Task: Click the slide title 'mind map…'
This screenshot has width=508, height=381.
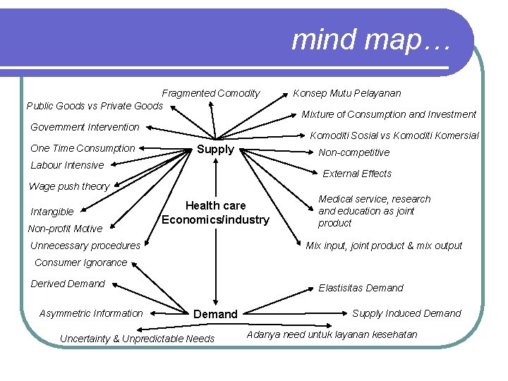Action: [x=370, y=40]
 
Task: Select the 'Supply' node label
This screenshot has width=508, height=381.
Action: [x=215, y=150]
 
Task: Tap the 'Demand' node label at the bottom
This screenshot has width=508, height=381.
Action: [x=215, y=314]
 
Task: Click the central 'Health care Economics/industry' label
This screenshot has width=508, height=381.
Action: [x=215, y=212]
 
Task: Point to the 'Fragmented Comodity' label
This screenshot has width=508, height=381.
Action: [x=211, y=93]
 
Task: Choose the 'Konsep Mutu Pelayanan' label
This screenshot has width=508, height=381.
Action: [x=347, y=93]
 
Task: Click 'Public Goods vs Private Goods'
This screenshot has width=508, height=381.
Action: [x=94, y=106]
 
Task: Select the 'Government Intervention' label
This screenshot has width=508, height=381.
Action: [x=85, y=127]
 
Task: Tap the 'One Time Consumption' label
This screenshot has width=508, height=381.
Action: [x=83, y=148]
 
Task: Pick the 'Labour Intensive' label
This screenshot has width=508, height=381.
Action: [x=67, y=165]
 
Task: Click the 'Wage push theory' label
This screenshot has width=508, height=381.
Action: [x=69, y=186]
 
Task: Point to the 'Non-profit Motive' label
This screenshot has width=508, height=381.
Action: [x=65, y=229]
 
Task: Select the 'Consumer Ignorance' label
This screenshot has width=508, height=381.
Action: [x=81, y=262]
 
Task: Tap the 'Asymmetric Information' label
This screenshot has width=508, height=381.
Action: [x=91, y=313]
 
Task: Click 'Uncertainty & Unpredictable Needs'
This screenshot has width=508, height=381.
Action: [x=137, y=339]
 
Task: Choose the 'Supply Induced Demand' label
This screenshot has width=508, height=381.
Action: [x=406, y=313]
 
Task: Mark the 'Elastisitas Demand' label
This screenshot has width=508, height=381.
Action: [x=361, y=288]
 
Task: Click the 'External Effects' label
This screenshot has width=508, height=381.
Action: [x=357, y=174]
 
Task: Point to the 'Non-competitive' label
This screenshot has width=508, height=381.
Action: [x=354, y=152]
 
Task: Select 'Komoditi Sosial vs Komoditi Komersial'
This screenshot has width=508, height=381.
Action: [x=394, y=135]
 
